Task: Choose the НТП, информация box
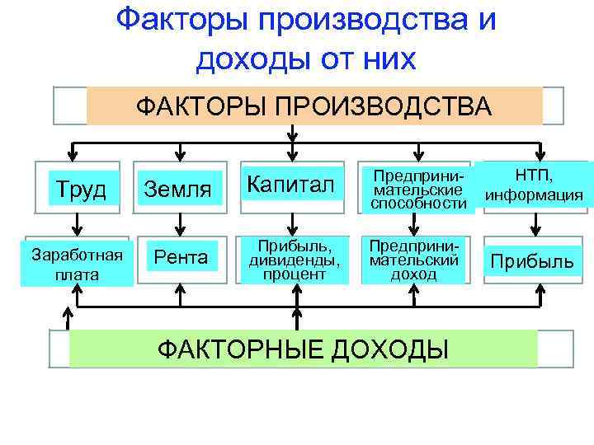[535, 185]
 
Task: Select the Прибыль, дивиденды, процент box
[293, 260]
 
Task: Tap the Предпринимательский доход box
[414, 260]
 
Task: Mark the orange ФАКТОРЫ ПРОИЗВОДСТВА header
[313, 106]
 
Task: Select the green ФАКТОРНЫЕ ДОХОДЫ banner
[303, 349]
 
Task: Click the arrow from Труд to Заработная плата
[77, 222]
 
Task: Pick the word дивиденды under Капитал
[293, 260]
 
